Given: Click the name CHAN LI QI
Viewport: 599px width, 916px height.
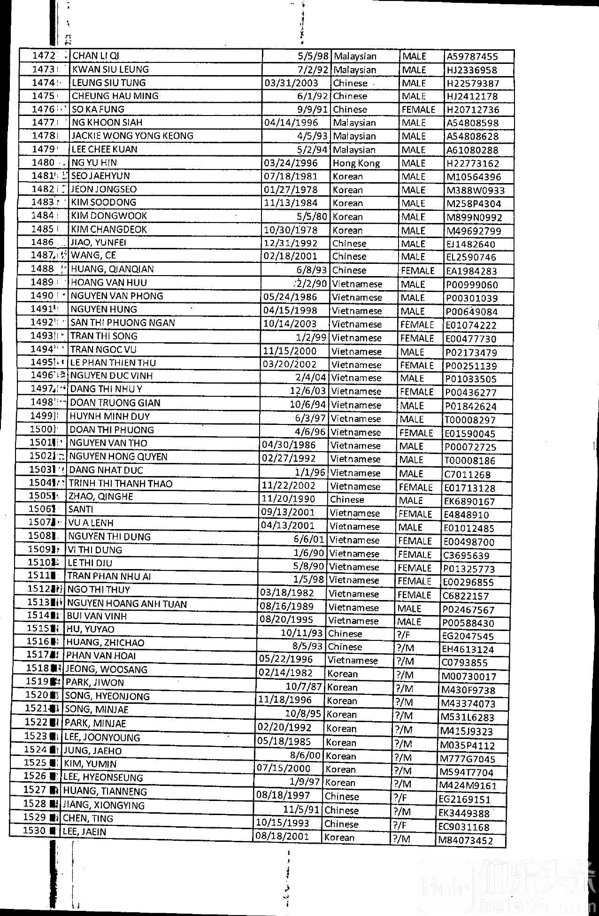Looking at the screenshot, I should point(96,55).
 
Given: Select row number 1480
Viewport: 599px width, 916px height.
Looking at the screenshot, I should point(43,162).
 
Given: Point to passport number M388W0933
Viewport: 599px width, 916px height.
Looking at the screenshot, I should point(476,190).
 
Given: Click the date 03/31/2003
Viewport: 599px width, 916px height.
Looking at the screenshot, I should point(292,83).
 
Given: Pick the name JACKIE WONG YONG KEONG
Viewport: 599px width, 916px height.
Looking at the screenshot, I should point(132,136).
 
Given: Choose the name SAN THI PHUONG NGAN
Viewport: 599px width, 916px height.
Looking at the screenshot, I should point(123,323).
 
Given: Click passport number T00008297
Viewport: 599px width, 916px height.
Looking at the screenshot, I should point(470,420).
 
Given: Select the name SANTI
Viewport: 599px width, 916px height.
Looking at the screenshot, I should point(81,509).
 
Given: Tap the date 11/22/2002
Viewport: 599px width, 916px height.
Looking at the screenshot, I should point(288,485).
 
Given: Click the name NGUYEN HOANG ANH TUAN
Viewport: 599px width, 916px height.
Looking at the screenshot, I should point(127,604).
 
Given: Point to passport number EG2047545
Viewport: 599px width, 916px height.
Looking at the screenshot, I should point(468,636).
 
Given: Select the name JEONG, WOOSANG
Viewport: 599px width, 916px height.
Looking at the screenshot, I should point(107,669).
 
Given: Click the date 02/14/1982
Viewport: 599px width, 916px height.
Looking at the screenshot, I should point(285,673).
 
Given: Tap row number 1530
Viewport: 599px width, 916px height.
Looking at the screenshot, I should point(34,830).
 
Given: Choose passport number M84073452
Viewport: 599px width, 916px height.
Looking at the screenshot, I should point(466,839).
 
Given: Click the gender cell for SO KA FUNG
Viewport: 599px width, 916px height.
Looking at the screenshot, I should point(418,109).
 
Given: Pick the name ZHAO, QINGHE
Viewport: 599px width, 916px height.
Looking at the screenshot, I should point(101,496).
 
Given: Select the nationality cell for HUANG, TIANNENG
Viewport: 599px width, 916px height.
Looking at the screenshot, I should point(341,796).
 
